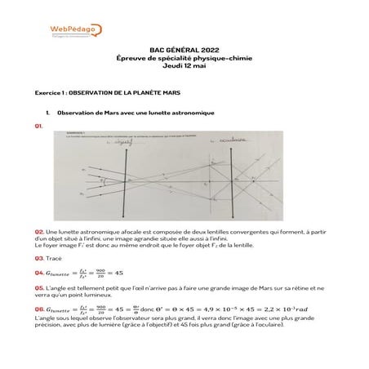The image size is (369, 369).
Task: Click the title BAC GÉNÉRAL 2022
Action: coord(184,50)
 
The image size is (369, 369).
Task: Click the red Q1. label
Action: coord(39,127)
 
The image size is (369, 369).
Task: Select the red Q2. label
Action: coord(39,232)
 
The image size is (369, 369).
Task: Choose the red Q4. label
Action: coord(39,272)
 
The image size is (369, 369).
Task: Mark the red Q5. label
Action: coord(39,287)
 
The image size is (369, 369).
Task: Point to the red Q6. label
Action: coord(39,309)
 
